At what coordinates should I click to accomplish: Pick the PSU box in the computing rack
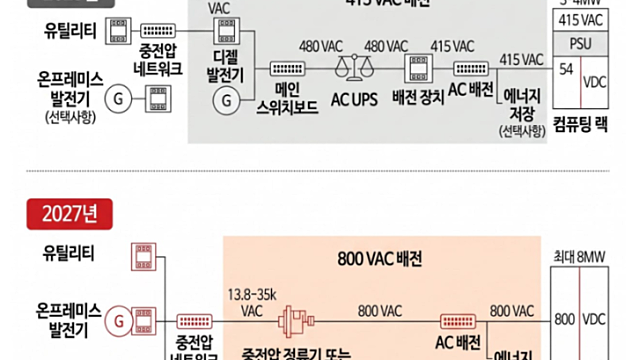tap(579, 45)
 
